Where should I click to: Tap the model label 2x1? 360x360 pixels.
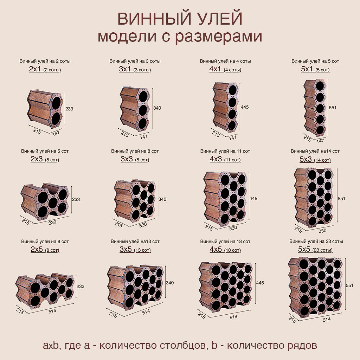[35, 69]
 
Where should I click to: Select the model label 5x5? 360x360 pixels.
[304, 249]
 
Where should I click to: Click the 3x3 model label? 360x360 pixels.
[127, 159]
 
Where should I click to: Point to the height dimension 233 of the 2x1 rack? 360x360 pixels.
[69, 109]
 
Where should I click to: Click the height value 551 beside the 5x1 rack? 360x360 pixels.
[333, 108]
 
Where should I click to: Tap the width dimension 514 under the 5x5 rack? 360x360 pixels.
[327, 319]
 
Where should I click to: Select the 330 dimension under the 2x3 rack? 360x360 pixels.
[52, 222]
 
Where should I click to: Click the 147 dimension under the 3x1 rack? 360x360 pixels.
[143, 137]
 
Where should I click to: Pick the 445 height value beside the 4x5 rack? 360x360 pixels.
[260, 283]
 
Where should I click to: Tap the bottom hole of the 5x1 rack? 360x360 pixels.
[320, 130]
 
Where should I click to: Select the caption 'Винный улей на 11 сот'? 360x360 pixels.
[225, 151]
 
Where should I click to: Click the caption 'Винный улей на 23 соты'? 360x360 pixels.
[316, 241]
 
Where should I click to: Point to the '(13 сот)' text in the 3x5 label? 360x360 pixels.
[142, 250]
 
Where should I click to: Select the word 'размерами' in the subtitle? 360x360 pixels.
[219, 37]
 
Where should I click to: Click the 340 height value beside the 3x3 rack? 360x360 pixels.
[162, 199]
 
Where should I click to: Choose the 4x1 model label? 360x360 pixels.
[215, 69]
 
